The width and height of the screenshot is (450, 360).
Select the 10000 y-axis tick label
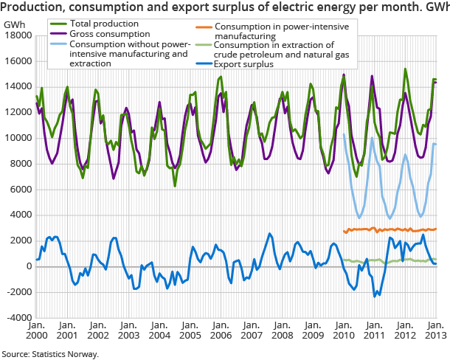16,138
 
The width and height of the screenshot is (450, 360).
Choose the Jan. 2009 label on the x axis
311,330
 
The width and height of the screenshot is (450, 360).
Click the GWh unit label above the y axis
13,24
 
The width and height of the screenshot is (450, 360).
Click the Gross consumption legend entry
105,34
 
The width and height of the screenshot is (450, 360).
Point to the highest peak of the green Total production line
405,69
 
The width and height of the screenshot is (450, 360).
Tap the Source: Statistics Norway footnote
50,353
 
